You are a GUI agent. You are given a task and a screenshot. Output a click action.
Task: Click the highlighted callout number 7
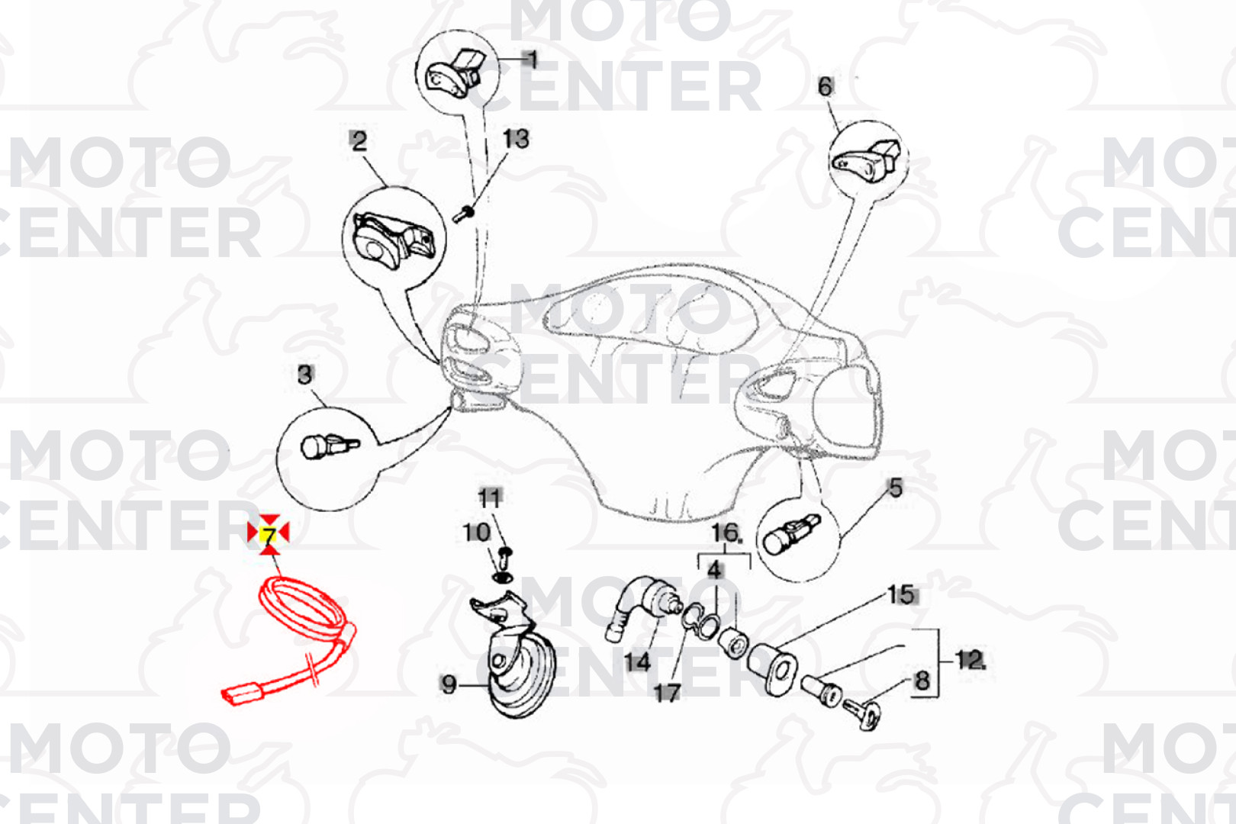tap(269, 534)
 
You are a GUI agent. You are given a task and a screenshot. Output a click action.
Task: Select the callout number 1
tap(531, 59)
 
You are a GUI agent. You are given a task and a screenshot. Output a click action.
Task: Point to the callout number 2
tap(359, 141)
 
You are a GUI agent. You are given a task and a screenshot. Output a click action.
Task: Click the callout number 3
tap(305, 375)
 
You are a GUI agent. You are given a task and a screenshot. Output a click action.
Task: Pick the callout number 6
tap(826, 87)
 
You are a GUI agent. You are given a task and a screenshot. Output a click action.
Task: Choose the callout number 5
tap(895, 488)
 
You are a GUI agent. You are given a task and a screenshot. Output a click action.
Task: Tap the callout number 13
tap(517, 139)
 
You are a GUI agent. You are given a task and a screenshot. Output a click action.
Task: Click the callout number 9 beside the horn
tap(449, 684)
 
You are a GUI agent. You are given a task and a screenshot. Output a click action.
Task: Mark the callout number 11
tap(490, 498)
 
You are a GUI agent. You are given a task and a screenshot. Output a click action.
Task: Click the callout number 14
tap(637, 661)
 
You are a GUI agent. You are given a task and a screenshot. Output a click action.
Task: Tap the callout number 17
tap(667, 694)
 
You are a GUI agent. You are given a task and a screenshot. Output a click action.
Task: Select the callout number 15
tap(900, 595)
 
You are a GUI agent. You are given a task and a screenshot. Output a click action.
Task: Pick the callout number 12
tap(970, 659)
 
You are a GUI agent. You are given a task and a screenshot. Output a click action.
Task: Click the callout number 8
tap(922, 681)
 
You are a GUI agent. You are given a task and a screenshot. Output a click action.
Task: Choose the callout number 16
tap(726, 533)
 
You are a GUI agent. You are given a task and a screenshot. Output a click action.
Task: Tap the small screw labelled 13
tap(463, 214)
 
